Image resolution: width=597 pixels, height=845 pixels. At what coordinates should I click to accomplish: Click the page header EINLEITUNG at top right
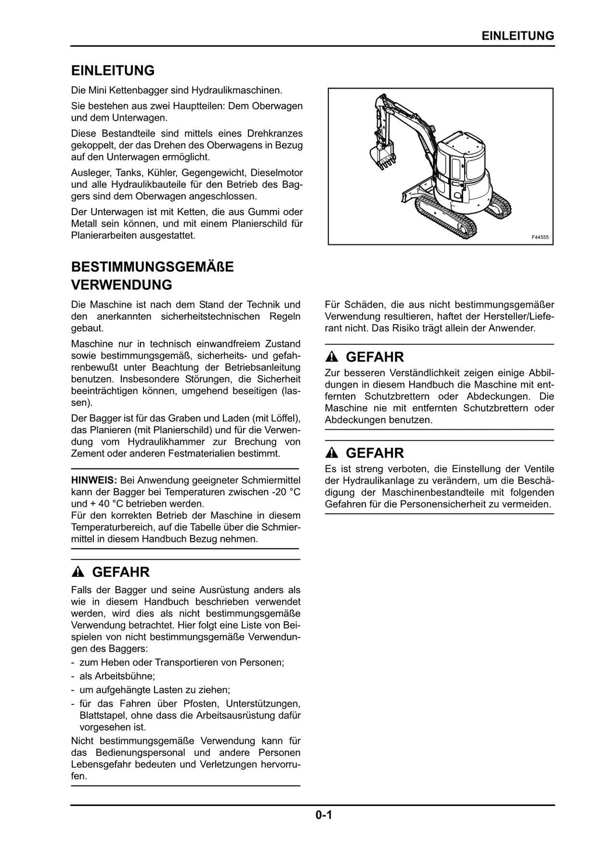(518, 36)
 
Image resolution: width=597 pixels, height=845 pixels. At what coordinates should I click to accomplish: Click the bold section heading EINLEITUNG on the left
(113, 71)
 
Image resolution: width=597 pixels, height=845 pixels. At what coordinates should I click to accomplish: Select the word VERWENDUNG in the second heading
(121, 285)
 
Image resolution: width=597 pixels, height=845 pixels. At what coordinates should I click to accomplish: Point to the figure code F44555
(540, 237)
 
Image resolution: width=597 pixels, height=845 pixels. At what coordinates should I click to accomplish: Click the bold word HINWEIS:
(94, 481)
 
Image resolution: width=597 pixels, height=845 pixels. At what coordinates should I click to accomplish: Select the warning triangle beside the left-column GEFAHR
(78, 572)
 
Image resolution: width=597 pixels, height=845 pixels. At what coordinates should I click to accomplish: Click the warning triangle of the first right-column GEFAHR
(332, 357)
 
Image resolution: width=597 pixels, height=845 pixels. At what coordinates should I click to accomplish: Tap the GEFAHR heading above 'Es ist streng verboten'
(375, 453)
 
